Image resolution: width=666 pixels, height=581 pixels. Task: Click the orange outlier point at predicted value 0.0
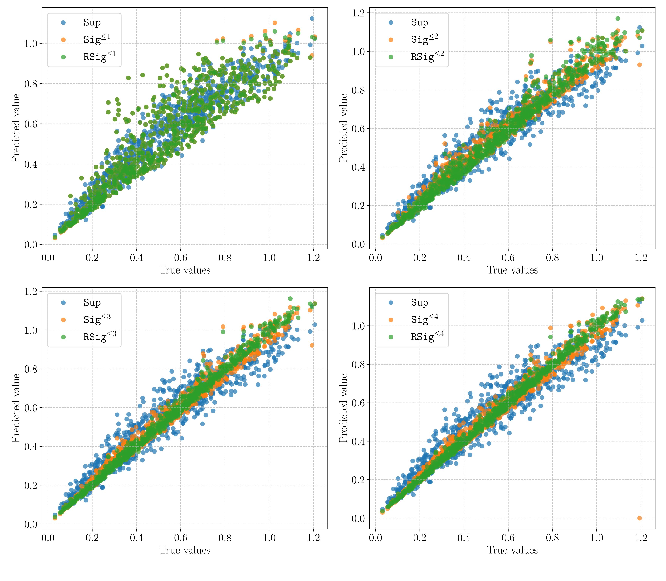point(639,518)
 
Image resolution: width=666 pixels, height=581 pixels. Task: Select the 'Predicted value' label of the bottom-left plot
point(15,408)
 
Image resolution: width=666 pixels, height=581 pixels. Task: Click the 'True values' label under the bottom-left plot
point(185,550)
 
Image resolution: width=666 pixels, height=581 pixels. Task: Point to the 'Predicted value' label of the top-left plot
point(15,128)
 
